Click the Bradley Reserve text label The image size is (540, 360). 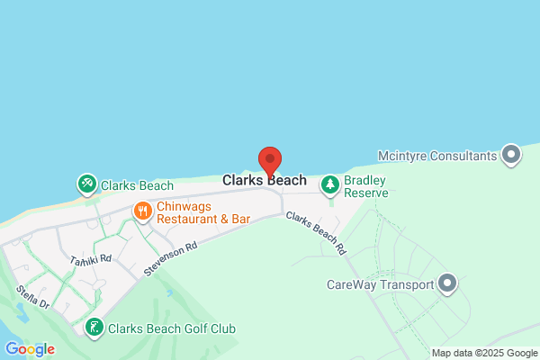tap(367, 186)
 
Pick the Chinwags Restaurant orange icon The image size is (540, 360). tap(142, 211)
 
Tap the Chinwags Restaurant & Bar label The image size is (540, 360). tap(203, 212)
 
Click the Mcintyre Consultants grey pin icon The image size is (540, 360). tap(511, 155)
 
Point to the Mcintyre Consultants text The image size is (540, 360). tap(437, 156)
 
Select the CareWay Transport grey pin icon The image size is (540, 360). tap(447, 285)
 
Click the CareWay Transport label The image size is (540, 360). tap(380, 285)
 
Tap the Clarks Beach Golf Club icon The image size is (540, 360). tap(94, 328)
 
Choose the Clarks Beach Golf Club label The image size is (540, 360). tap(171, 329)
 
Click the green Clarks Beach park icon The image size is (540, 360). tap(86, 185)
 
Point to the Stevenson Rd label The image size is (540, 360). tap(169, 259)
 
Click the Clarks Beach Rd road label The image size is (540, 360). tap(316, 232)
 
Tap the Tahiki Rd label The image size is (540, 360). tap(90, 259)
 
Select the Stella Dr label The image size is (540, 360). tap(32, 297)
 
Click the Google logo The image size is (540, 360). tap(30, 349)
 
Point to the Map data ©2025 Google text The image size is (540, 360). tap(483, 353)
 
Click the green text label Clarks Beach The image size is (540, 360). tap(137, 186)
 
